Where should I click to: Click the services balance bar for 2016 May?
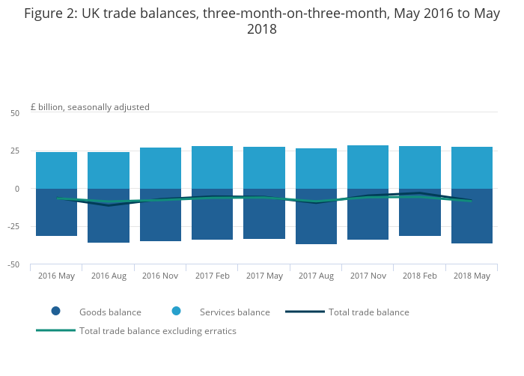[x=56, y=170]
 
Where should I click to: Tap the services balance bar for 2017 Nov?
[x=368, y=167]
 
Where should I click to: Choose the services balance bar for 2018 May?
[x=472, y=168]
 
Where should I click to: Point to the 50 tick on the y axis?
[x=15, y=113]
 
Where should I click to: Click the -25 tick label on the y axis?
[x=13, y=227]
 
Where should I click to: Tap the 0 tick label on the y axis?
[x=17, y=189]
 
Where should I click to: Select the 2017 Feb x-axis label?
[x=212, y=276]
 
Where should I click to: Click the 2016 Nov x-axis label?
[x=160, y=276]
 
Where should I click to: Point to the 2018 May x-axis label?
[x=472, y=276]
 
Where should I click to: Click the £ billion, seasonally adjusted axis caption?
[x=90, y=107]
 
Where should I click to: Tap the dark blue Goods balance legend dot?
[x=55, y=311]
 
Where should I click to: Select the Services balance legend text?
[x=234, y=312]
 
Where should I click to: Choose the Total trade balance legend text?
[x=369, y=312]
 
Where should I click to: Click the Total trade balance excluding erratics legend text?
[x=158, y=331]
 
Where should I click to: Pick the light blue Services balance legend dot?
[x=176, y=311]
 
